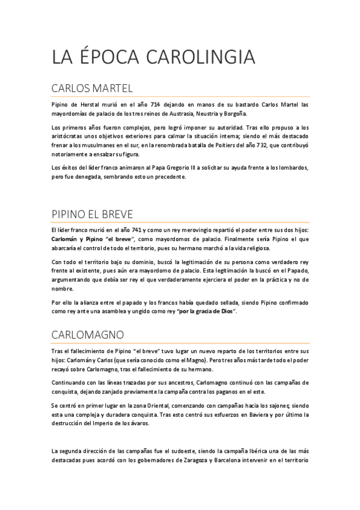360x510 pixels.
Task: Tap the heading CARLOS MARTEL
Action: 91,89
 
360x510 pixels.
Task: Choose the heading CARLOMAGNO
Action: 88,334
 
